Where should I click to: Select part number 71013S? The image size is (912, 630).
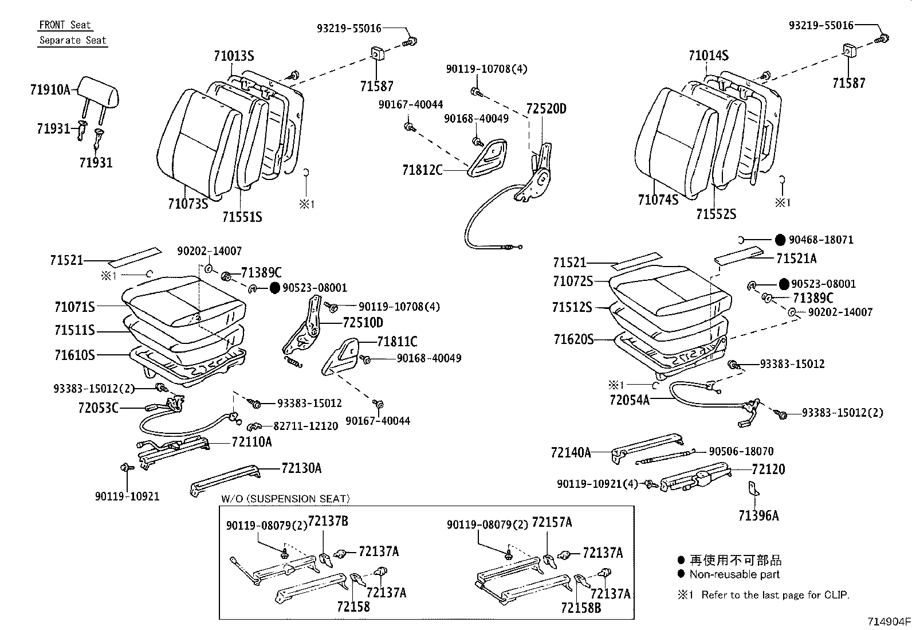tap(234, 56)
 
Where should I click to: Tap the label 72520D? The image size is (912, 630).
tap(546, 109)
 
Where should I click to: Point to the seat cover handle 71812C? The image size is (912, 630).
tap(488, 158)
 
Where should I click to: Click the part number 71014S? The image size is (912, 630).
tap(709, 55)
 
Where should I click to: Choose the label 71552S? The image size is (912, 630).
tap(716, 214)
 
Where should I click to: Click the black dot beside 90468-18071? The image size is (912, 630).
tap(780, 240)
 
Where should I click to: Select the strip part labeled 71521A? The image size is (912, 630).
tap(738, 258)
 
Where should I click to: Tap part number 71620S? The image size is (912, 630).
tap(573, 339)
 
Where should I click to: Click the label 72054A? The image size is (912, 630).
tap(630, 400)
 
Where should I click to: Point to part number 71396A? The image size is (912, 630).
tap(758, 516)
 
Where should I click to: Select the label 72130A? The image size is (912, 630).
tap(301, 468)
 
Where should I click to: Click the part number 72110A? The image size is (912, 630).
tap(251, 442)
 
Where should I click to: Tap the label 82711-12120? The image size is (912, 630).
tap(306, 426)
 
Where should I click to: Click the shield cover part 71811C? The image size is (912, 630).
tap(340, 357)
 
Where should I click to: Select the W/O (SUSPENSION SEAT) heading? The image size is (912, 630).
tap(285, 499)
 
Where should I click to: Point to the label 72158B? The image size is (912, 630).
tap(581, 608)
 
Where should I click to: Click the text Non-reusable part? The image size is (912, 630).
tap(734, 574)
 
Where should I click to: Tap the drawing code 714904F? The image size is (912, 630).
tap(889, 621)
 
